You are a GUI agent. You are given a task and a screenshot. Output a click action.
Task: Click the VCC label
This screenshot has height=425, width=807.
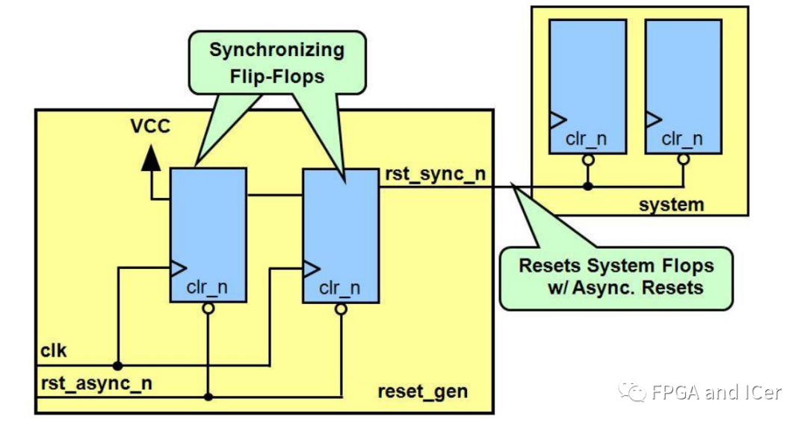pyautogui.click(x=151, y=125)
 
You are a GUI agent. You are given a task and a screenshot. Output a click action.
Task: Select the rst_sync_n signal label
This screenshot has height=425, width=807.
pyautogui.click(x=436, y=176)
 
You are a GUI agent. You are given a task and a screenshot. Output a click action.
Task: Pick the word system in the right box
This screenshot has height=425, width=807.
pyautogui.click(x=671, y=204)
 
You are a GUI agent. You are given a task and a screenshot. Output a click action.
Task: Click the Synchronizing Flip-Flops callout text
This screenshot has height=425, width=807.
pyautogui.click(x=276, y=63)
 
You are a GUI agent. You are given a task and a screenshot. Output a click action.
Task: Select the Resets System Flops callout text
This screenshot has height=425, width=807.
pyautogui.click(x=616, y=276)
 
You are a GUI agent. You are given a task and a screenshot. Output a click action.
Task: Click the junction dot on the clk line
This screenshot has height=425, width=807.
pyautogui.click(x=117, y=365)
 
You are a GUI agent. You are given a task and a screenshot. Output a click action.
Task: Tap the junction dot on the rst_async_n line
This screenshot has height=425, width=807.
pyautogui.click(x=208, y=396)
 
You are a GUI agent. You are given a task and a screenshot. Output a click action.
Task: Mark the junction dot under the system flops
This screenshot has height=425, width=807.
pyautogui.click(x=587, y=185)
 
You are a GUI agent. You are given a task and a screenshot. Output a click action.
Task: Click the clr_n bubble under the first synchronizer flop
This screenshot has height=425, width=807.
pyautogui.click(x=208, y=307)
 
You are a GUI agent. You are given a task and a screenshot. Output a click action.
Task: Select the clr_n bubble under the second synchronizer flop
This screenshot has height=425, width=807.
pyautogui.click(x=340, y=308)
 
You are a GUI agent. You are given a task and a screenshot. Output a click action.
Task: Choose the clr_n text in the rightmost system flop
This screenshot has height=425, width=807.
pyautogui.click(x=682, y=139)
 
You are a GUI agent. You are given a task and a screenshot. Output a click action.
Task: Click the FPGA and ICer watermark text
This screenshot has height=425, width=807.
pyautogui.click(x=715, y=392)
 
